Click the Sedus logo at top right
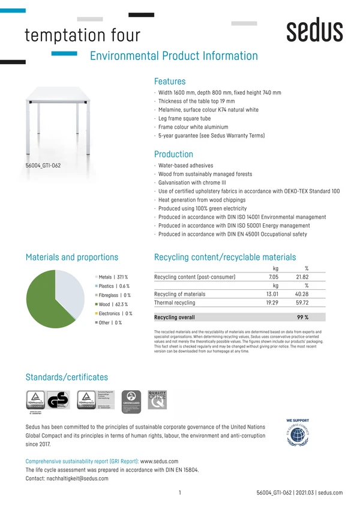314,31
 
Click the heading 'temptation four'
82,35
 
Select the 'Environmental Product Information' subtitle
173,56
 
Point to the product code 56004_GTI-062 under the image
43,165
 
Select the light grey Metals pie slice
71,291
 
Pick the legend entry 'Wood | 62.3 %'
113,304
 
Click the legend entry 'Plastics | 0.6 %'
113,286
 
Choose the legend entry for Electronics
115,313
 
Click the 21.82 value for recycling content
302,277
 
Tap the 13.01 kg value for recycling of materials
272,294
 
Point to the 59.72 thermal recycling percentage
302,303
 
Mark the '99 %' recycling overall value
302,317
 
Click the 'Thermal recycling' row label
175,303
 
